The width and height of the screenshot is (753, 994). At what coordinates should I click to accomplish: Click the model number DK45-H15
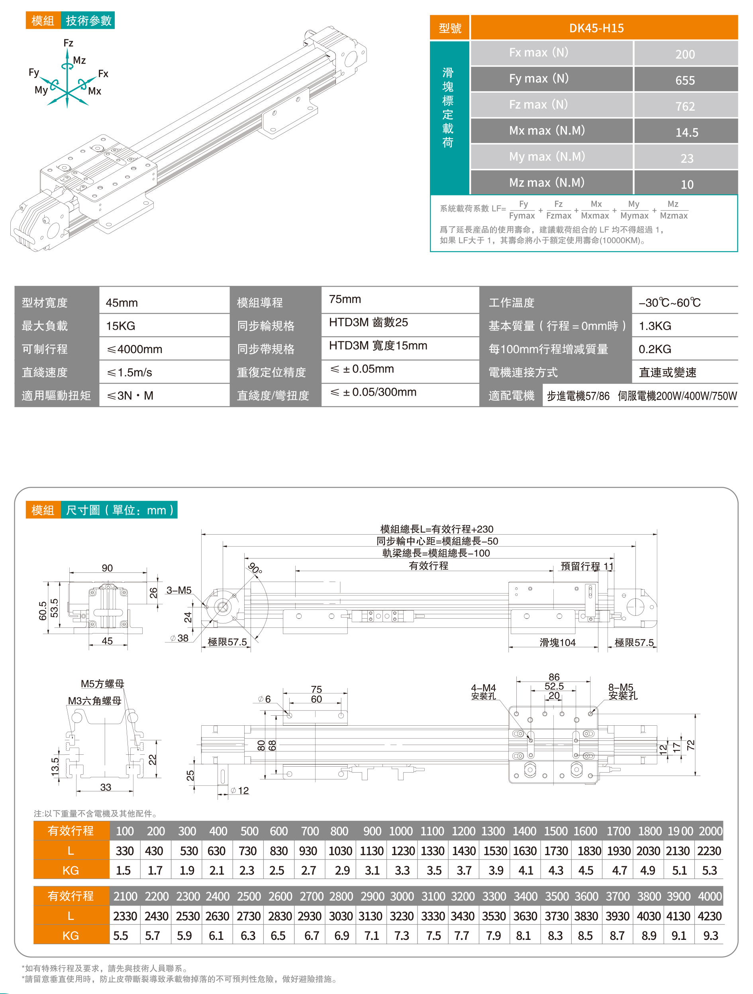tap(596, 28)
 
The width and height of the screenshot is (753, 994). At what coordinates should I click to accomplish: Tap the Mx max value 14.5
tap(686, 133)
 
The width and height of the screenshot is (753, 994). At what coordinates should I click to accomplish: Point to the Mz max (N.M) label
tap(547, 182)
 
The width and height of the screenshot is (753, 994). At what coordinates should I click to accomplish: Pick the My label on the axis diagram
tap(41, 90)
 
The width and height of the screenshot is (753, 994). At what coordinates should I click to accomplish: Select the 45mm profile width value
tap(122, 303)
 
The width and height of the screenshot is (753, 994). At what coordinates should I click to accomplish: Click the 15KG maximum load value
tap(121, 326)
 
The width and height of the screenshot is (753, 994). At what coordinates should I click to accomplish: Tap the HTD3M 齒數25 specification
tap(368, 322)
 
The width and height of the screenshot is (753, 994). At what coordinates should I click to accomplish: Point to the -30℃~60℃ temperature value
tap(669, 303)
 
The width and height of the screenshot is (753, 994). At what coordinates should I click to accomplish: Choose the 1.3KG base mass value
tap(655, 326)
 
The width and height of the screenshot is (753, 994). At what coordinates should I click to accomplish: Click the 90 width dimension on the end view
tap(107, 568)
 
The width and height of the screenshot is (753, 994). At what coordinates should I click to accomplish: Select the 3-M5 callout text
tap(179, 590)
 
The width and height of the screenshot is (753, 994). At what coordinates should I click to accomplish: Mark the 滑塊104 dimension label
tap(557, 642)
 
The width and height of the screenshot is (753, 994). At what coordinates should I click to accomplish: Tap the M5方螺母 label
tap(102, 683)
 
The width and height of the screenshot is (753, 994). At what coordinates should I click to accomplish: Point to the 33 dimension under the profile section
tap(106, 787)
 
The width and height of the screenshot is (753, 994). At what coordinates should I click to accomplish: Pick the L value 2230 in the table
tap(709, 851)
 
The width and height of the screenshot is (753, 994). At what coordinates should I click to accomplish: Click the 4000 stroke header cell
tap(710, 896)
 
